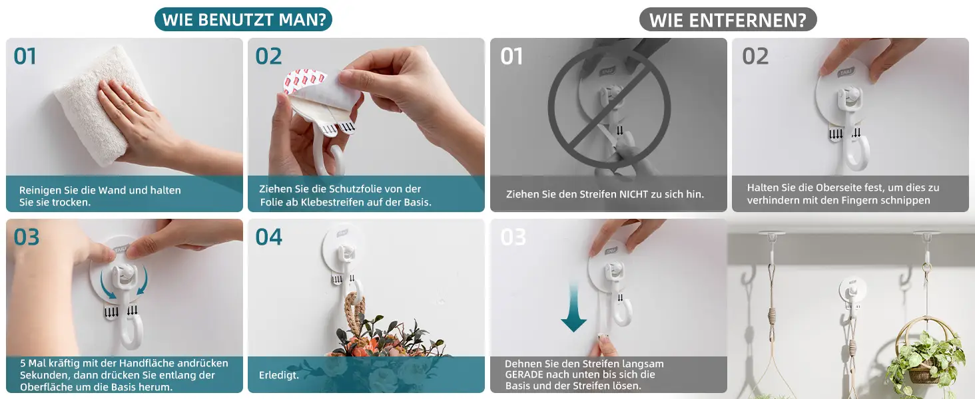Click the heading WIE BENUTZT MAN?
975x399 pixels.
point(244,20)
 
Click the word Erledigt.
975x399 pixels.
point(278,375)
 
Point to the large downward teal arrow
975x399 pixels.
point(573,307)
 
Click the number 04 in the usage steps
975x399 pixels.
point(268,237)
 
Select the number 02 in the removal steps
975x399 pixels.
point(755,57)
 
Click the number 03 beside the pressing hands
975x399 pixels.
point(27,237)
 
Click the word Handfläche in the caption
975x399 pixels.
point(143,363)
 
